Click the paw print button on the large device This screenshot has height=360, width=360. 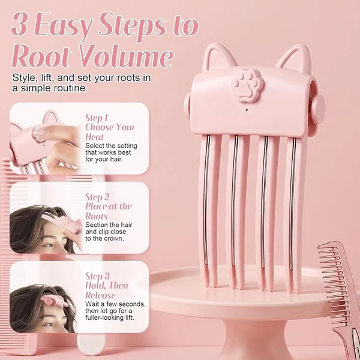click(x=248, y=86)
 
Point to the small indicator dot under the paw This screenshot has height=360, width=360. click(x=247, y=110)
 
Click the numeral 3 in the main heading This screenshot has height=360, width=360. click(x=20, y=23)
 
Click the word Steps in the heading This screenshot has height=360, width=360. click(x=134, y=25)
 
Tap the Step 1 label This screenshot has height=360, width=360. click(x=97, y=118)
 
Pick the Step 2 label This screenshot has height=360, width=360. click(x=97, y=197)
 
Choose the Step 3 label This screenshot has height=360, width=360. click(x=97, y=276)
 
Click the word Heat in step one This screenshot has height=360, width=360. click(x=94, y=137)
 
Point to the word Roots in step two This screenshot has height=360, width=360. click(x=96, y=216)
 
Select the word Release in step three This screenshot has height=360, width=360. click(x=100, y=295)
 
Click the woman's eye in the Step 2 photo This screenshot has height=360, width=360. click(x=49, y=245)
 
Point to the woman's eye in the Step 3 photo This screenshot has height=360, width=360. click(x=49, y=325)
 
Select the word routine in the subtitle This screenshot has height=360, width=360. click(x=70, y=88)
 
